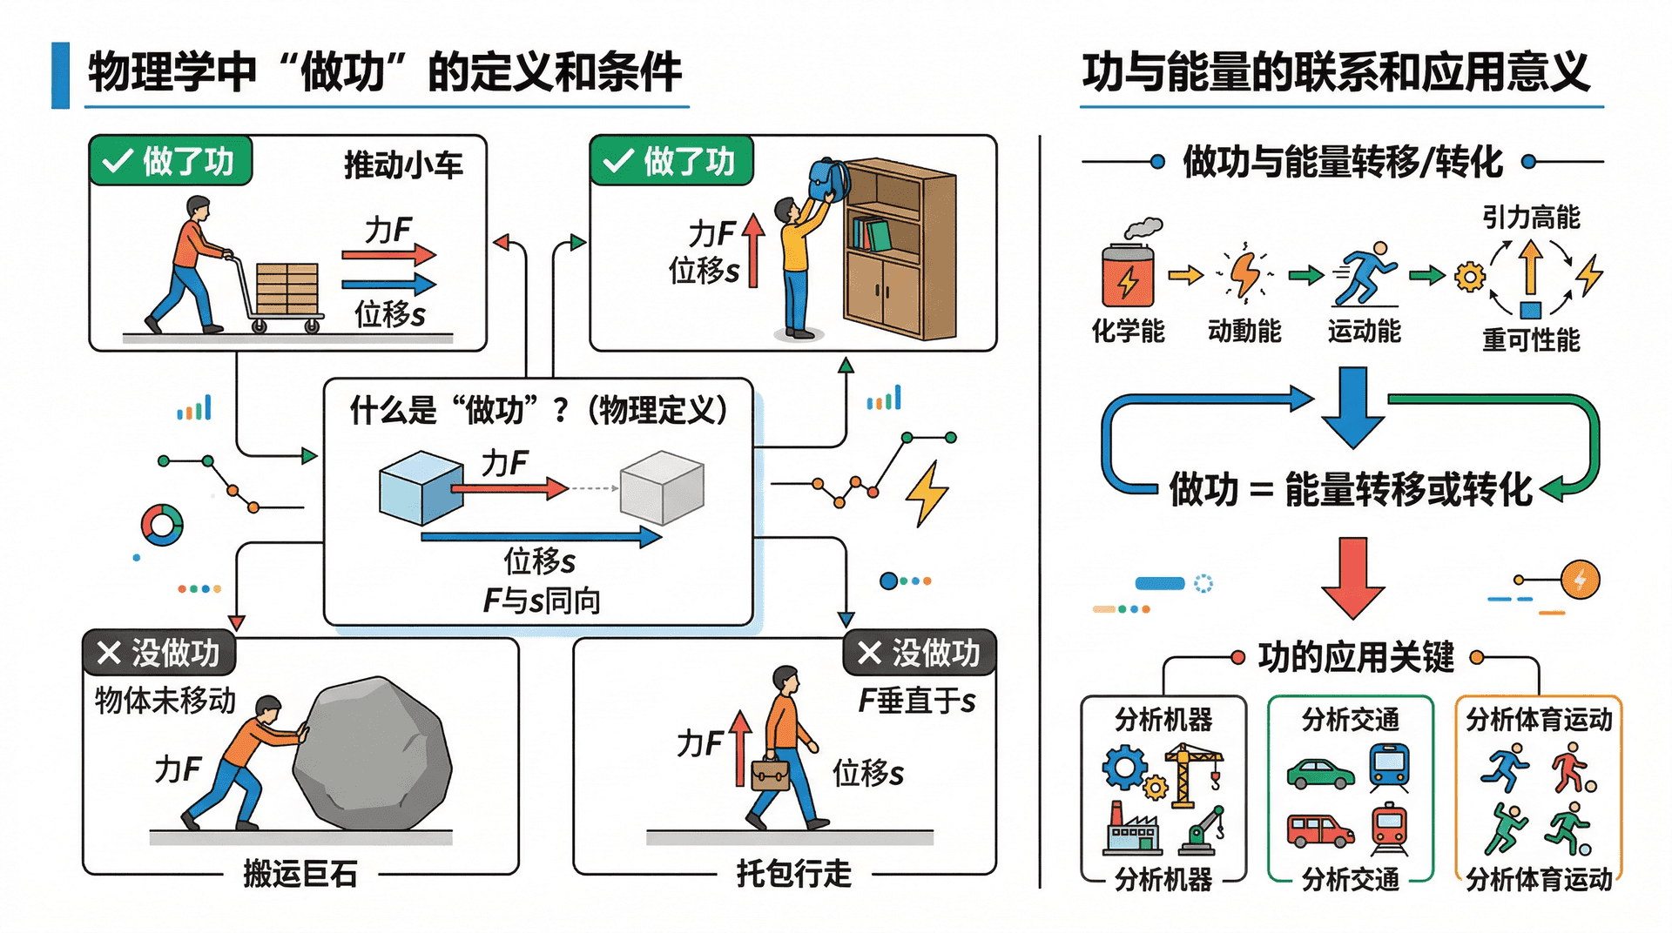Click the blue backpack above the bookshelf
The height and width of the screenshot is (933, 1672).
(x=828, y=179)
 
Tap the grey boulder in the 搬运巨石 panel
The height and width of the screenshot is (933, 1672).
(x=372, y=754)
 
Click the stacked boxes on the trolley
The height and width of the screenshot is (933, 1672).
(x=287, y=288)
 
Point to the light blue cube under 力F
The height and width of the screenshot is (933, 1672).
(x=421, y=487)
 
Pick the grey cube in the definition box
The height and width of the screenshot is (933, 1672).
(x=662, y=487)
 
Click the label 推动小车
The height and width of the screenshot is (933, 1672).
(x=403, y=164)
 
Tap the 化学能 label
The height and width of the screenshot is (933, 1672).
(x=1128, y=332)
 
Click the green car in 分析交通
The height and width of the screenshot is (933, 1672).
(x=1320, y=774)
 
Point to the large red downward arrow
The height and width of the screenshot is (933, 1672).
(x=1352, y=577)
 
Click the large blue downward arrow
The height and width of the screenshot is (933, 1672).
(x=1352, y=406)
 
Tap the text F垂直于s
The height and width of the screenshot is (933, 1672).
(x=916, y=701)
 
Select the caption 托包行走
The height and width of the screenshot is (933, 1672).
(x=793, y=874)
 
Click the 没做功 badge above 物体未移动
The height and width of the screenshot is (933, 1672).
(x=159, y=653)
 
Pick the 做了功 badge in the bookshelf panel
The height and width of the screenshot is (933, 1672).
(x=671, y=161)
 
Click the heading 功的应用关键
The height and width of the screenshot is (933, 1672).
(x=1356, y=657)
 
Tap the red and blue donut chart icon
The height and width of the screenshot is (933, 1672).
(x=162, y=525)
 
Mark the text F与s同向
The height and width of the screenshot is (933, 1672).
(x=542, y=601)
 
